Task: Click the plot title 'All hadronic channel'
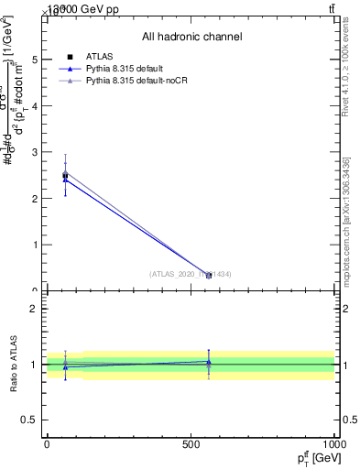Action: click(x=191, y=37)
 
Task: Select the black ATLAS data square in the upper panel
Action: click(x=65, y=175)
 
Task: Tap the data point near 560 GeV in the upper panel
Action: click(x=209, y=275)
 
